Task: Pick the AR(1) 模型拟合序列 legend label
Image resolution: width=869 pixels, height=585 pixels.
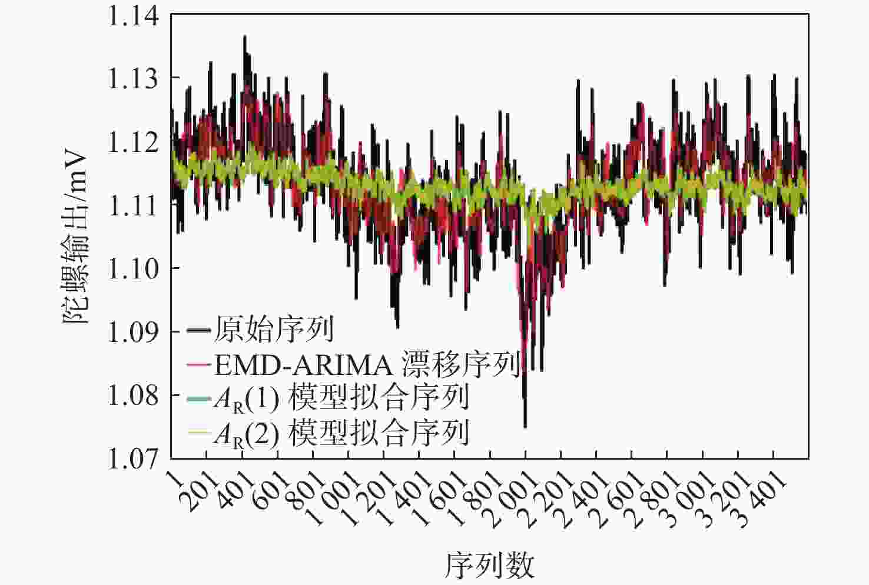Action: click(341, 398)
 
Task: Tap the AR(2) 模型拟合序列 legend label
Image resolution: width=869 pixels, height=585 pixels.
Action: click(341, 434)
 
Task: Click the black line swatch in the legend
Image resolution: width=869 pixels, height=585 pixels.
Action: click(198, 330)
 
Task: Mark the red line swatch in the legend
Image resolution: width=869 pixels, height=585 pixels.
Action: click(198, 365)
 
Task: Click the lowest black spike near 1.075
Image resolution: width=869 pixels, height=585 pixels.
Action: click(525, 425)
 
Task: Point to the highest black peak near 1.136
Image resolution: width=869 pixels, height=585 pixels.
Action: click(244, 37)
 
